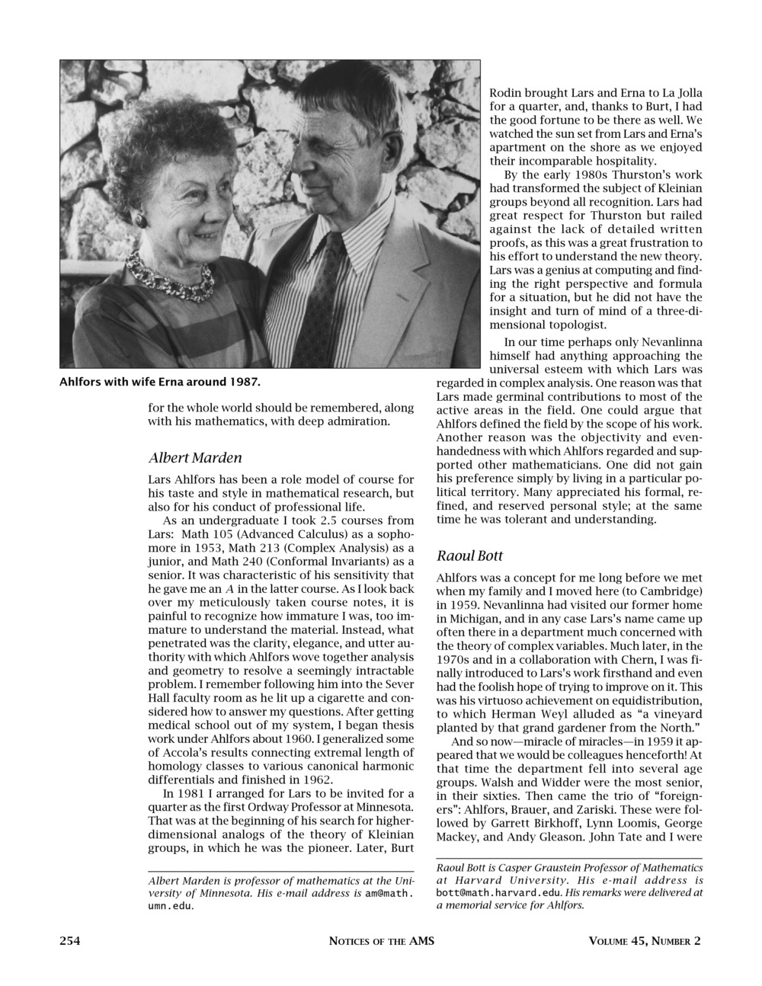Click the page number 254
tap(70, 940)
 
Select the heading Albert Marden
tap(195, 458)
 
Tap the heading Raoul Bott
tap(469, 555)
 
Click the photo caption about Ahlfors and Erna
tap(160, 381)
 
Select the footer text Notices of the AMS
tap(381, 940)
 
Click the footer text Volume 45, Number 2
tap(645, 940)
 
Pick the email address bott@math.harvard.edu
tap(500, 892)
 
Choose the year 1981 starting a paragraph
tap(194, 793)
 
